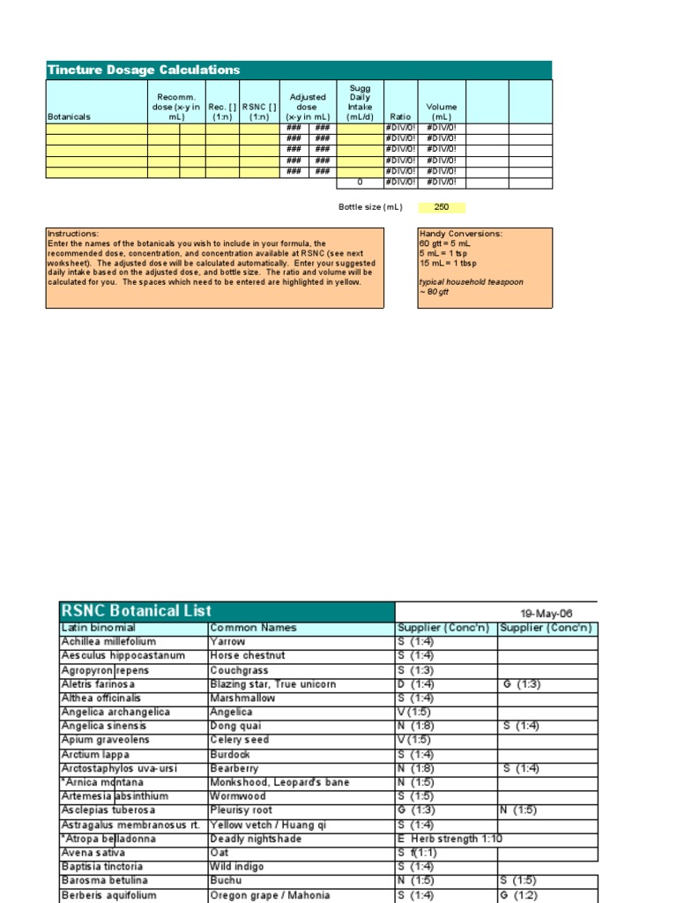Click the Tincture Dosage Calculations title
tap(143, 70)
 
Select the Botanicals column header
tap(69, 116)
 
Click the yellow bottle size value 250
tap(442, 207)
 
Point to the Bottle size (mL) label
tap(370, 207)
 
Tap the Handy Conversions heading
tap(460, 234)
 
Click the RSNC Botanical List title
tap(136, 610)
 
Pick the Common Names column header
tap(253, 628)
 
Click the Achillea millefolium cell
tap(108, 642)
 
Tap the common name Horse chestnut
tap(248, 656)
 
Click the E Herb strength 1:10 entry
tap(450, 839)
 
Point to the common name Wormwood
tap(239, 796)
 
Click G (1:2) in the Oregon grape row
tap(518, 895)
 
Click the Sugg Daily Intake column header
tap(360, 101)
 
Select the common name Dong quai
tap(237, 726)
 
